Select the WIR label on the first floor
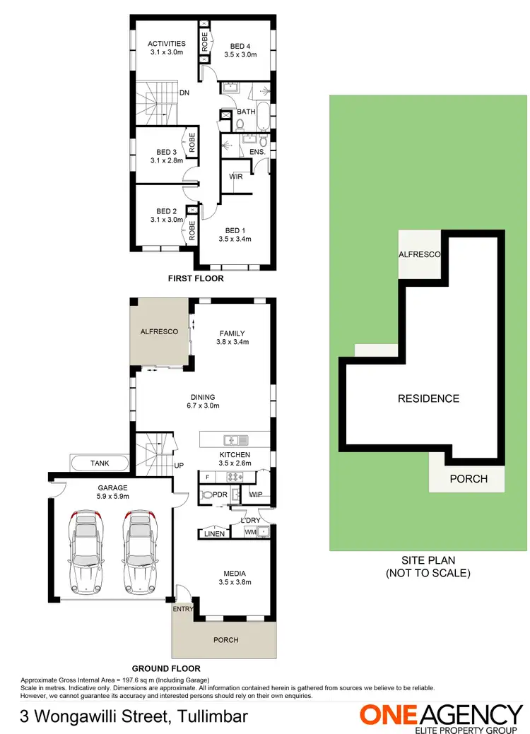pos(236,177)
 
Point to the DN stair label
pos(184,93)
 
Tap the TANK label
pos(100,463)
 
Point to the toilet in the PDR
pos(207,495)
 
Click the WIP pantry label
pos(255,495)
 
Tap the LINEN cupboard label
pos(214,533)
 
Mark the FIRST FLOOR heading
pos(196,278)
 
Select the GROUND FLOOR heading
pos(167,668)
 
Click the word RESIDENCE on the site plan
pos(428,398)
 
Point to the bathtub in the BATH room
pos(264,117)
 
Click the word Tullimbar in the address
pos(210,717)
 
